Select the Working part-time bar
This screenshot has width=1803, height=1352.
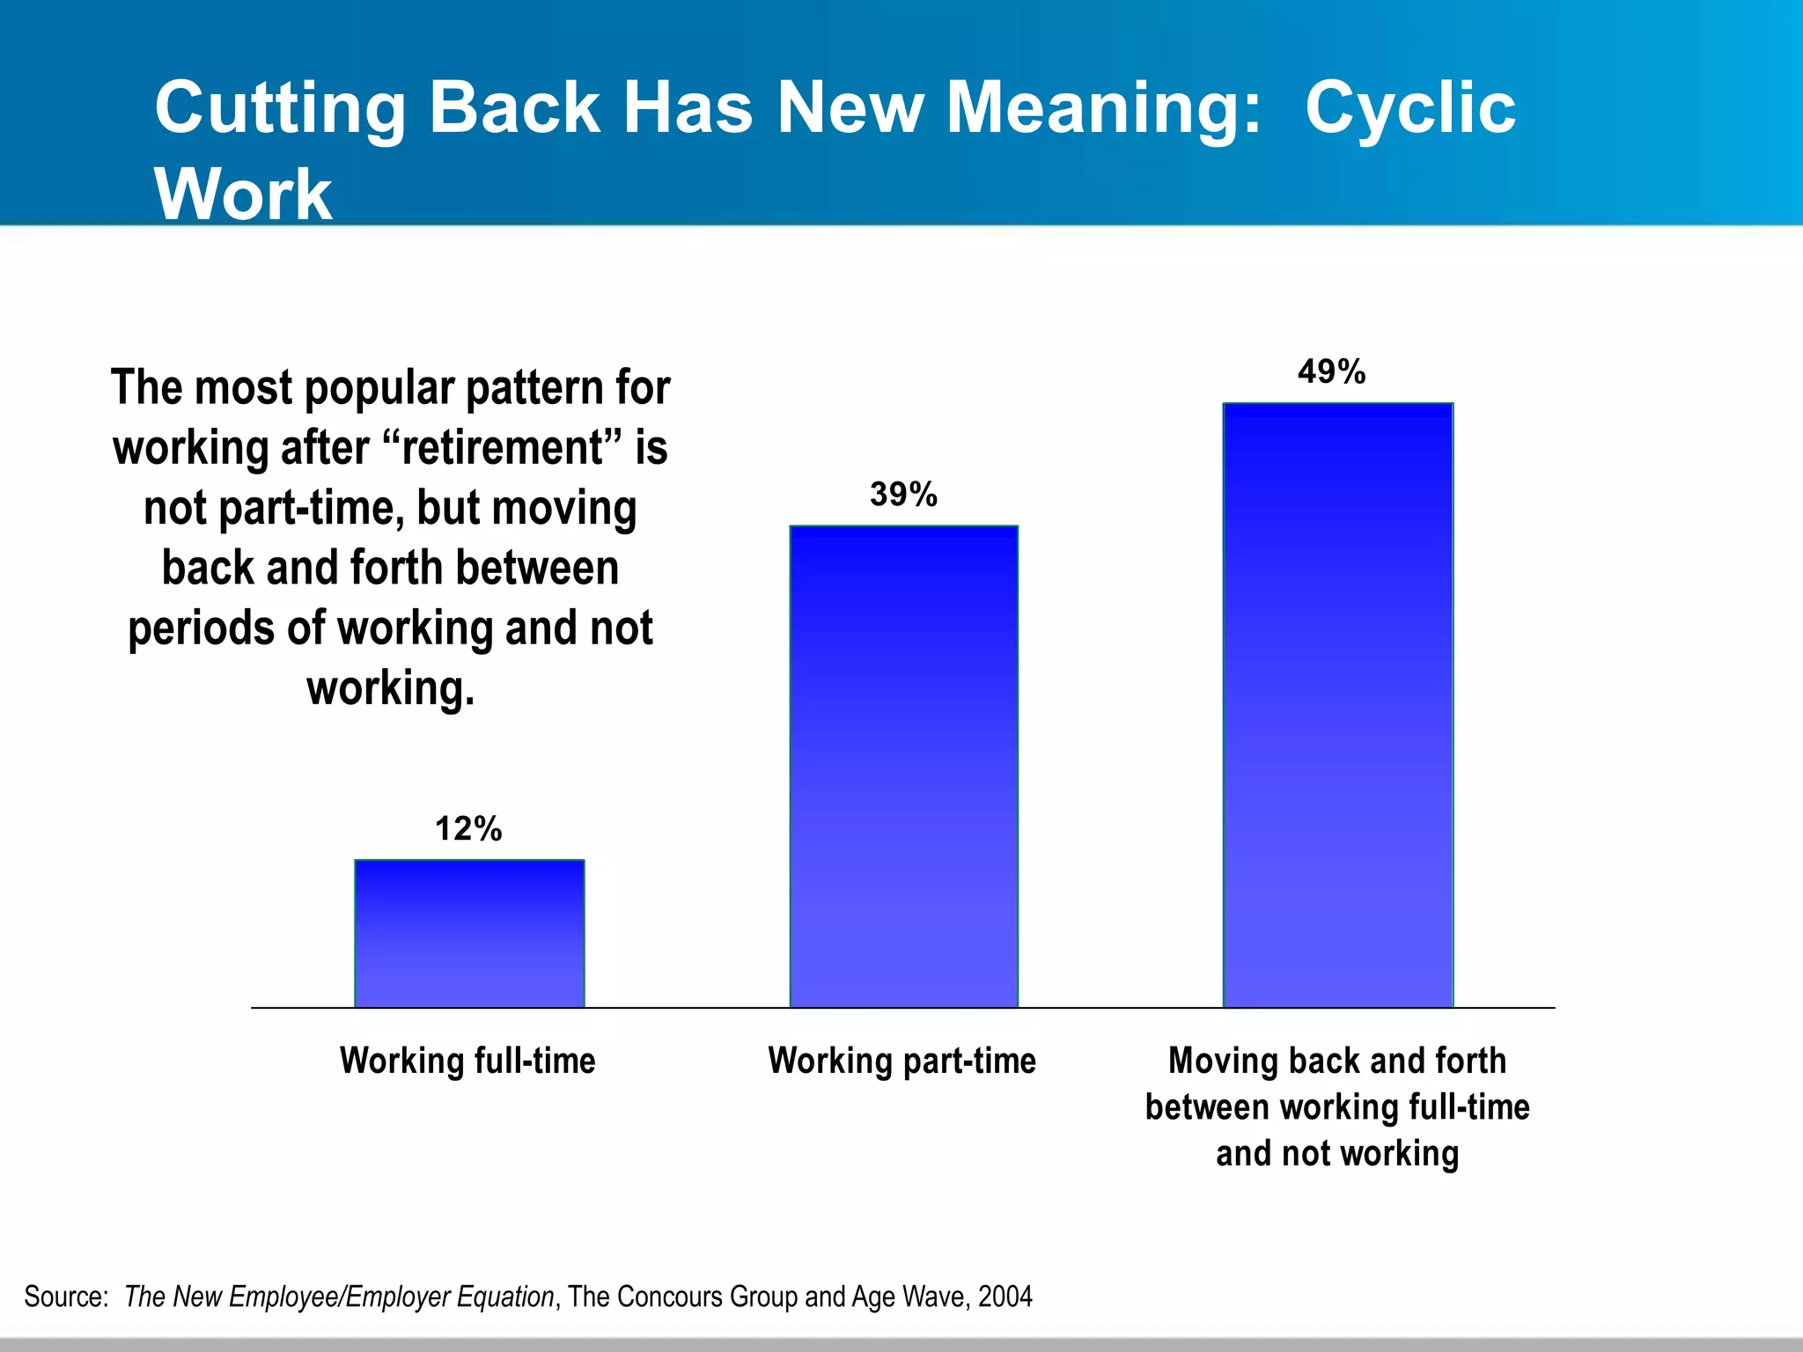tap(903, 766)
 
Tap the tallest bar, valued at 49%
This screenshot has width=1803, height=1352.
tap(1337, 704)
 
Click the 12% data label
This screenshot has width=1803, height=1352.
tap(468, 829)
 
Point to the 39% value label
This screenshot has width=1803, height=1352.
tap(903, 495)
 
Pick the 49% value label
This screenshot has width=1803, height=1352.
tap(1331, 372)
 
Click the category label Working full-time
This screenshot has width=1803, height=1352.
tap(467, 1061)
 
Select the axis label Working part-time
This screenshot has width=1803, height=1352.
tap(901, 1061)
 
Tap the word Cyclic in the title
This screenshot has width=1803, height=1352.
tap(1409, 108)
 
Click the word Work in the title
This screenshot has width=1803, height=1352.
tap(243, 195)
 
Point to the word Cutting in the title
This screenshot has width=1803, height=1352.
tap(280, 108)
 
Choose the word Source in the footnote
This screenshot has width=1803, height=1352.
tap(65, 1297)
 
